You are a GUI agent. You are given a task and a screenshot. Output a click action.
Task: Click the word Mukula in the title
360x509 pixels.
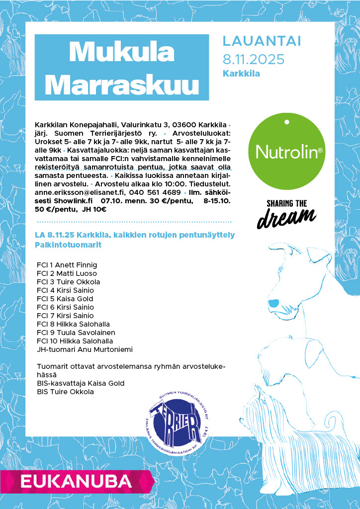(x=122, y=51)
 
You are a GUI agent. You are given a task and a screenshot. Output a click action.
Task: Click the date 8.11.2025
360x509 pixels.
(x=254, y=59)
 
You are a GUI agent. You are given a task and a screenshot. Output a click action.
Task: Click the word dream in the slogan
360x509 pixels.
(x=286, y=218)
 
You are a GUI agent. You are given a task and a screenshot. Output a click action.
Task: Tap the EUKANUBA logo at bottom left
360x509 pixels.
(x=75, y=481)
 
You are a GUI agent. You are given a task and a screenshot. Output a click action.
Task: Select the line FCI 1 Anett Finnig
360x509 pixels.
(x=67, y=265)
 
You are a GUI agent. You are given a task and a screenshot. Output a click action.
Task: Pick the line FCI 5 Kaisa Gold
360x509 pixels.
(x=65, y=299)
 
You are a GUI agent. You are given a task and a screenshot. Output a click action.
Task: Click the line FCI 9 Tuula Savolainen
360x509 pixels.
(x=76, y=333)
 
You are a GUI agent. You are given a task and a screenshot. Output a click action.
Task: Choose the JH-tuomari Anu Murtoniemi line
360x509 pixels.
(x=85, y=349)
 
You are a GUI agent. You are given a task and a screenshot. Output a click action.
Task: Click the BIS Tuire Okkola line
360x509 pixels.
(x=65, y=392)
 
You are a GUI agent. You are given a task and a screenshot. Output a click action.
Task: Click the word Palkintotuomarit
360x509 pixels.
(x=68, y=245)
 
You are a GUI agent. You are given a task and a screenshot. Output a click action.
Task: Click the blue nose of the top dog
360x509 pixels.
(x=273, y=302)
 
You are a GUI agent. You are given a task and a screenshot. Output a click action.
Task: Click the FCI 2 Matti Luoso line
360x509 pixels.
(x=67, y=273)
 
